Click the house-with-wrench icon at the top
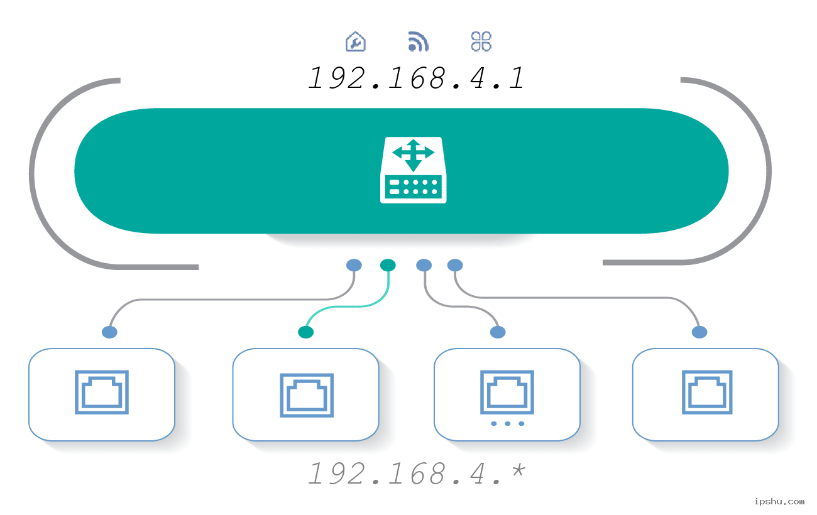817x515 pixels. (x=356, y=41)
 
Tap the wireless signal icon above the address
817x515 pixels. (x=419, y=41)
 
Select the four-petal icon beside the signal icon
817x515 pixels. (x=481, y=41)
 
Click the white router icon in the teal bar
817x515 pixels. (x=413, y=170)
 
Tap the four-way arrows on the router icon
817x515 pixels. (x=413, y=154)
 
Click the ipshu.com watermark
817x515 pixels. (x=779, y=501)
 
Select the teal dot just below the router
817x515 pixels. (x=388, y=265)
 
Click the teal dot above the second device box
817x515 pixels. (x=305, y=332)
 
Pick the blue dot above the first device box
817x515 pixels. (x=109, y=332)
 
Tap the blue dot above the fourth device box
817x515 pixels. (x=699, y=332)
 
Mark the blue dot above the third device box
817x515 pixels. (x=497, y=332)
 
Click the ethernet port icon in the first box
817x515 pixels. (x=102, y=393)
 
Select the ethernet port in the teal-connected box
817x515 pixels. (x=306, y=396)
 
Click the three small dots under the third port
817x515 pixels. (x=507, y=424)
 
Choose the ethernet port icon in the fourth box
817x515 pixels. (x=707, y=393)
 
